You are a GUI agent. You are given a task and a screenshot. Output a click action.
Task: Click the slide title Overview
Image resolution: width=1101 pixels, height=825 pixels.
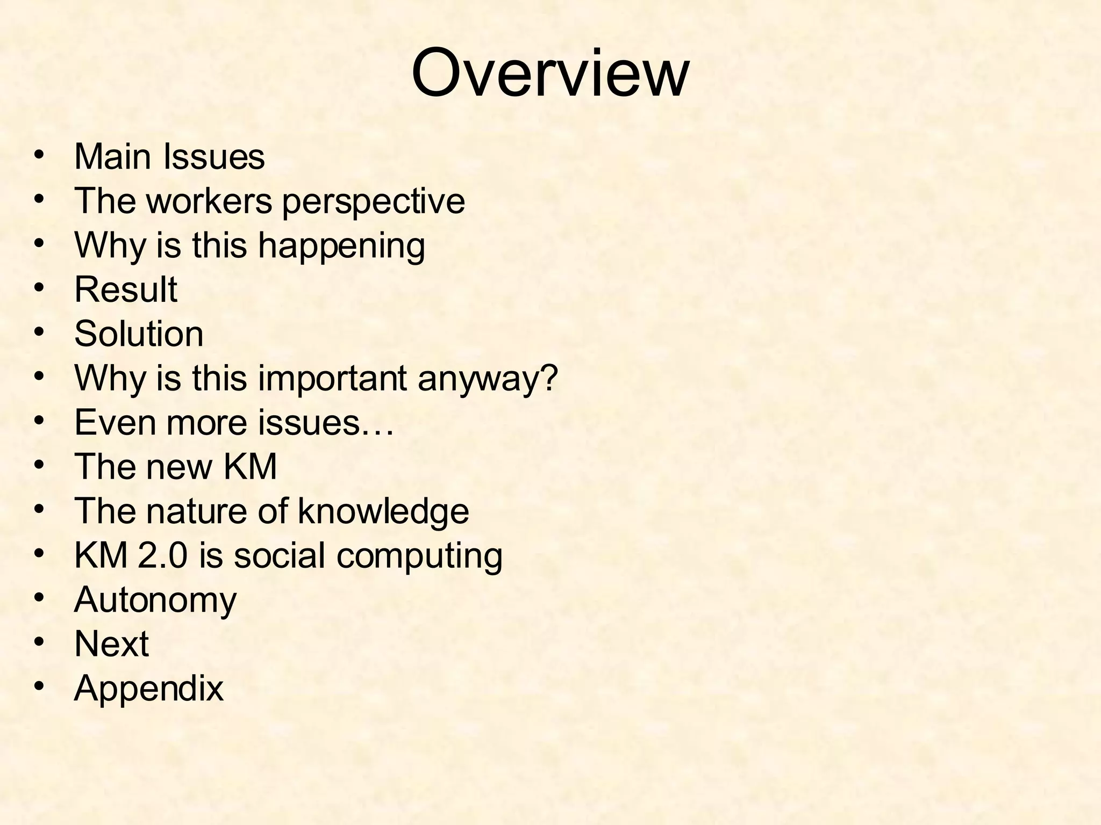(x=549, y=73)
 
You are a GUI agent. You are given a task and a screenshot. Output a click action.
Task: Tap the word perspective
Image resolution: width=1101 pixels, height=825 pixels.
(x=373, y=201)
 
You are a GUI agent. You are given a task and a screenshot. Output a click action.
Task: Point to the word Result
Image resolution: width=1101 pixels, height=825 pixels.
(x=125, y=290)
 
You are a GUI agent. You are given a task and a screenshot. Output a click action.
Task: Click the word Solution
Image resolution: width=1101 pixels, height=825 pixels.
(x=139, y=334)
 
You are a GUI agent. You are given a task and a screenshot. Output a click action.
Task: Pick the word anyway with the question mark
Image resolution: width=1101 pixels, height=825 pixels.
(x=488, y=379)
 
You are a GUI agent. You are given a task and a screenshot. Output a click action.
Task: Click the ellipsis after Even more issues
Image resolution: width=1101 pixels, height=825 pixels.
(x=378, y=423)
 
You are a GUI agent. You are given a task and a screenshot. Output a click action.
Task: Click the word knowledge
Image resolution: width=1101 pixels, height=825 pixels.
(x=383, y=511)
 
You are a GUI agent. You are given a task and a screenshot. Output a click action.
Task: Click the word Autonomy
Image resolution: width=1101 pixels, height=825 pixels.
(x=155, y=600)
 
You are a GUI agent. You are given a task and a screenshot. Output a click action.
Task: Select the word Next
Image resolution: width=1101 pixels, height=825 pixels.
(x=111, y=644)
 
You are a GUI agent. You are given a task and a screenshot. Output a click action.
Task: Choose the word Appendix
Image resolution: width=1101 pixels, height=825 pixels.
(x=148, y=689)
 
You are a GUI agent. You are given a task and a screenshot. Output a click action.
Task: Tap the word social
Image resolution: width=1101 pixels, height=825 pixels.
(x=279, y=555)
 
